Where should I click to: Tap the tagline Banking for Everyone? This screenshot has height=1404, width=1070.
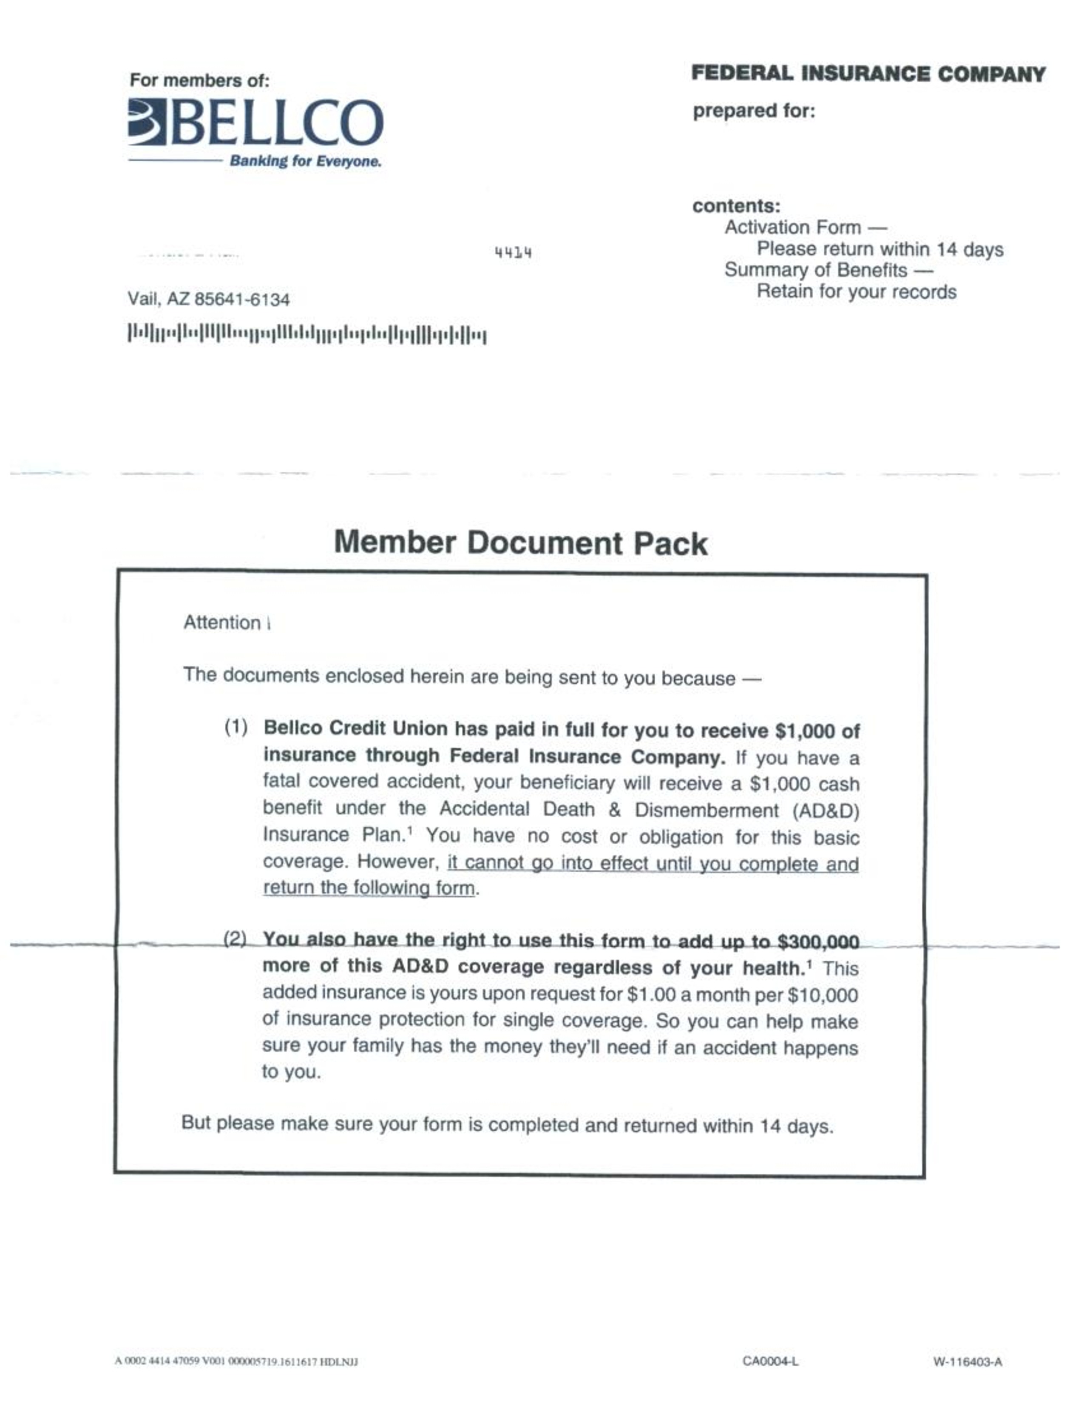pos(305,161)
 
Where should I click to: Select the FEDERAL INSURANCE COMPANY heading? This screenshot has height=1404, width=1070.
pos(868,74)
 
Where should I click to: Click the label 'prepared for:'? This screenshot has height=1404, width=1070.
pos(753,111)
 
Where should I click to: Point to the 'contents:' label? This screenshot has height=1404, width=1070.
pos(735,206)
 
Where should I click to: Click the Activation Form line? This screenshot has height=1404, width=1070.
pos(805,228)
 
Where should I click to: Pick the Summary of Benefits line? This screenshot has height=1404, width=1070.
pos(828,270)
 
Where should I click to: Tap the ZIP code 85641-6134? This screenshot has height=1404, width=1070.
pos(241,300)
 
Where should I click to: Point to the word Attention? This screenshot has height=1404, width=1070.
pos(221,623)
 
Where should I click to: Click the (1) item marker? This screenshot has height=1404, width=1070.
pos(236,727)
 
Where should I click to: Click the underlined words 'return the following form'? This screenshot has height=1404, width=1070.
pos(369,888)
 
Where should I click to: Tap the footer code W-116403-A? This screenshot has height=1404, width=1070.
pos(968,1362)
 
